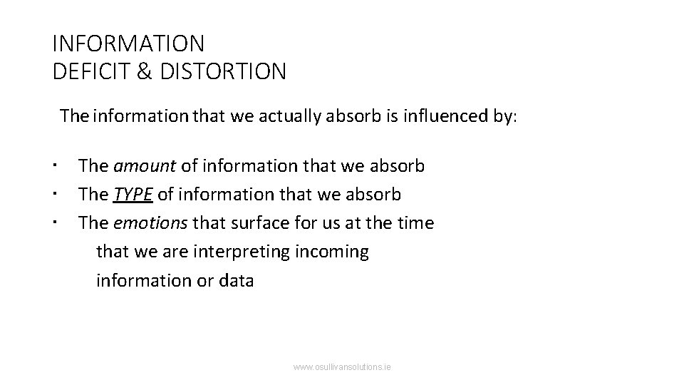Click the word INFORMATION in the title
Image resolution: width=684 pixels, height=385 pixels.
click(x=128, y=44)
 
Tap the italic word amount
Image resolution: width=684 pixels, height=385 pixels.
click(x=145, y=166)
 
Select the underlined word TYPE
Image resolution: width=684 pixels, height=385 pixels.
click(x=133, y=195)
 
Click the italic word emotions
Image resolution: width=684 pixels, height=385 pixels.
click(x=151, y=223)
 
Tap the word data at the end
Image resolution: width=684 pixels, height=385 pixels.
click(x=236, y=280)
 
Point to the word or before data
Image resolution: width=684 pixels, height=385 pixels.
click(x=204, y=280)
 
